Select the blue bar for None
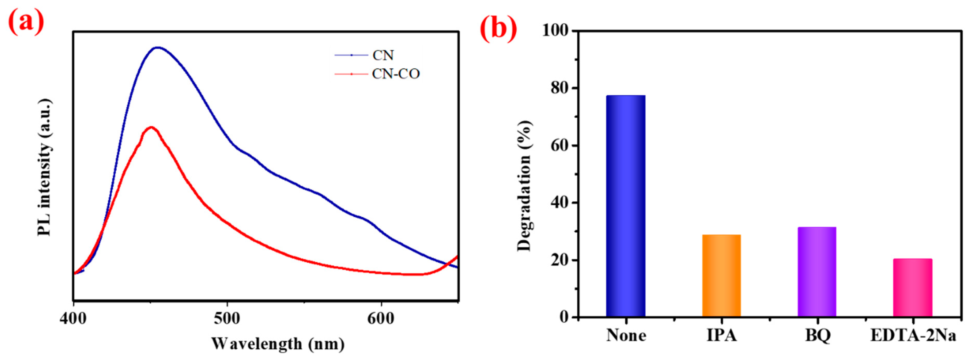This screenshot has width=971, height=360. pyautogui.click(x=625, y=206)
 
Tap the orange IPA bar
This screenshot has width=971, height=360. pyautogui.click(x=721, y=275)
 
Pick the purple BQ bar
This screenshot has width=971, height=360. pyautogui.click(x=817, y=271)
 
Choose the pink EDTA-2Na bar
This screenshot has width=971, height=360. pyautogui.click(x=913, y=287)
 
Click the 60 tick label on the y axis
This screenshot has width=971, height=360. pyautogui.click(x=559, y=145)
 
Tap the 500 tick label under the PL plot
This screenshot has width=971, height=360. pyautogui.click(x=227, y=319)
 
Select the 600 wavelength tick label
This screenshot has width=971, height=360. pyautogui.click(x=381, y=319)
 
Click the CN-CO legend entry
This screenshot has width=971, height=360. pyautogui.click(x=395, y=74)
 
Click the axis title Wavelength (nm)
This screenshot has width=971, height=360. pyautogui.click(x=278, y=344)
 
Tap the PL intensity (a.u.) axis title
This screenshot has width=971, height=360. pyautogui.click(x=44, y=168)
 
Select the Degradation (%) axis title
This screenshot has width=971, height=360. pyautogui.click(x=524, y=186)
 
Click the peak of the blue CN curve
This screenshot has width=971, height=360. pyautogui.click(x=158, y=48)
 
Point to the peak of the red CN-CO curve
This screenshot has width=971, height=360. pyautogui.click(x=151, y=127)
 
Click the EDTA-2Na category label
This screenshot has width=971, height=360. pyautogui.click(x=913, y=335)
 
